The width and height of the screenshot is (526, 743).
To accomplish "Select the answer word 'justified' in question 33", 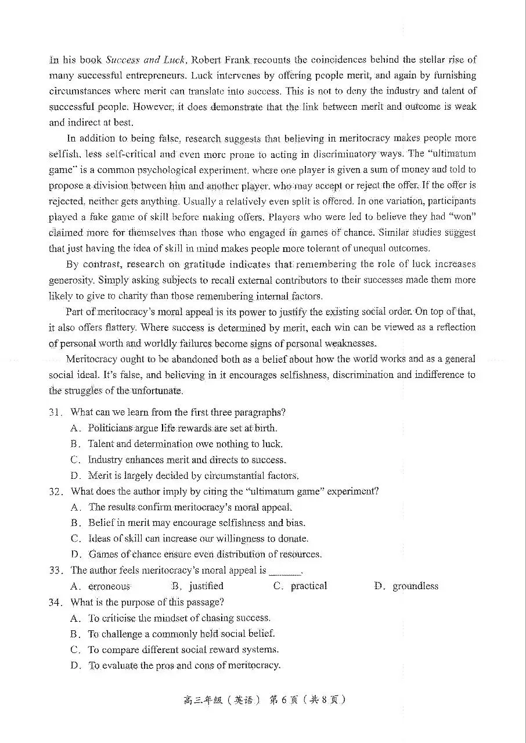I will [206, 586].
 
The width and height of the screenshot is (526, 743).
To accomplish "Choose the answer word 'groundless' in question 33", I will [415, 586].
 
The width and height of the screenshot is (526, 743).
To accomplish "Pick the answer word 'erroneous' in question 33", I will [109, 586].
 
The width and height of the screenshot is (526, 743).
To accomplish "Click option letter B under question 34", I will [75, 634].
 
